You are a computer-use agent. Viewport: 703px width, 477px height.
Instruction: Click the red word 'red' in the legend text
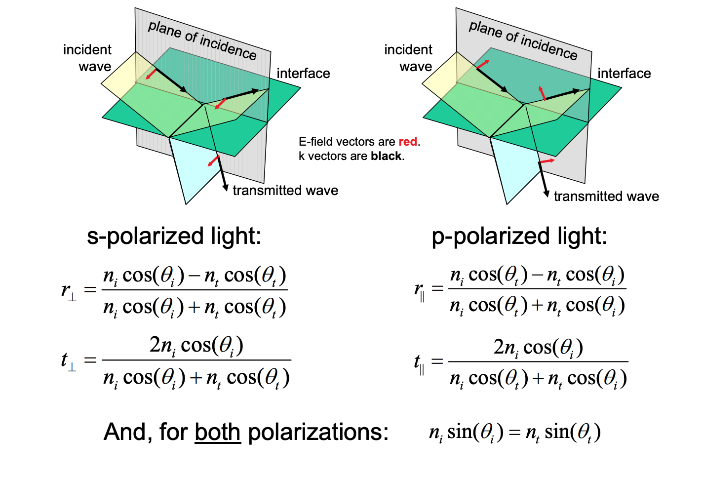pyautogui.click(x=408, y=142)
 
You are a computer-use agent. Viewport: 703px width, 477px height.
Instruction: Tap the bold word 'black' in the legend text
pyautogui.click(x=386, y=156)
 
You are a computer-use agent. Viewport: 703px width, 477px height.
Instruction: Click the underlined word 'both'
pyautogui.click(x=218, y=432)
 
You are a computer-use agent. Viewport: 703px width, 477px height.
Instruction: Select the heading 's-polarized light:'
pyautogui.click(x=174, y=237)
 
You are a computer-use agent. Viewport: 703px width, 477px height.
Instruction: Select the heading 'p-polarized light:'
pyautogui.click(x=519, y=237)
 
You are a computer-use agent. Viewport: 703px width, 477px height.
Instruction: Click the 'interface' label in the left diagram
pyautogui.click(x=303, y=74)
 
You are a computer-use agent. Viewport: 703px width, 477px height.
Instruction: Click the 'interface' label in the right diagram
pyautogui.click(x=624, y=74)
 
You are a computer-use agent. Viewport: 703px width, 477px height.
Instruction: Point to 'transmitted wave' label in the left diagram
pyautogui.click(x=285, y=191)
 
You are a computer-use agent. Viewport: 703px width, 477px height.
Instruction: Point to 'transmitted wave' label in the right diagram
pyautogui.click(x=606, y=197)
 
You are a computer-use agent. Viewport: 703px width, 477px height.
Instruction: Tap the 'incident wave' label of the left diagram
pyautogui.click(x=87, y=58)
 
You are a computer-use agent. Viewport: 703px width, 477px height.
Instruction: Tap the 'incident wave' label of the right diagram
pyautogui.click(x=408, y=58)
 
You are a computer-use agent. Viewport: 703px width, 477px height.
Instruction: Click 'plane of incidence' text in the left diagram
pyautogui.click(x=202, y=40)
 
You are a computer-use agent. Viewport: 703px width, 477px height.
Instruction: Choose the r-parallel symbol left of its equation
pyautogui.click(x=420, y=291)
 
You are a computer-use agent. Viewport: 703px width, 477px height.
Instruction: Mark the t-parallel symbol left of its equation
pyautogui.click(x=420, y=364)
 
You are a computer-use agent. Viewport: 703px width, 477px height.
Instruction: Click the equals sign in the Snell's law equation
pyautogui.click(x=514, y=433)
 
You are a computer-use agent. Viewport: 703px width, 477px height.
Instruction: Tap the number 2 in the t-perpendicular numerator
pyautogui.click(x=155, y=345)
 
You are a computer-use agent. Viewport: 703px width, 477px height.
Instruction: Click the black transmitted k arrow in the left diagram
pyautogui.click(x=215, y=148)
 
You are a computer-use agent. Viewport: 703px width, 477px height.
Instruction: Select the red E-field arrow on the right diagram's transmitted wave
pyautogui.click(x=547, y=161)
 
